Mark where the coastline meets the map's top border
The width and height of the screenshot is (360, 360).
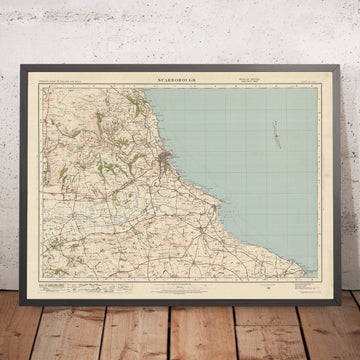(x=144, y=85)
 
